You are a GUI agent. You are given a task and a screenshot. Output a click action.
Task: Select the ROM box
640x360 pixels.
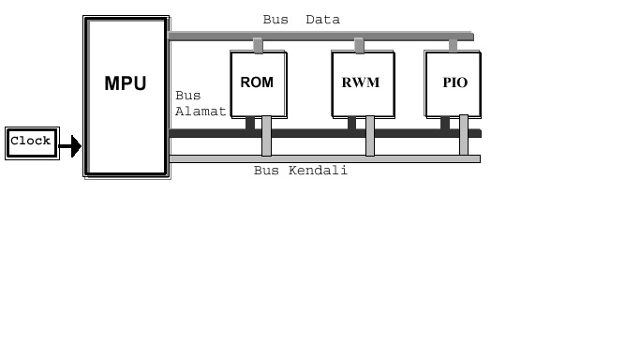[x=258, y=83]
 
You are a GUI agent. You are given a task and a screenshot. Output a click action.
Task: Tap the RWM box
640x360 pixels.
[x=363, y=83]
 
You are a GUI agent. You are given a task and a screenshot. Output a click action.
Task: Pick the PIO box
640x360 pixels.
[x=454, y=83]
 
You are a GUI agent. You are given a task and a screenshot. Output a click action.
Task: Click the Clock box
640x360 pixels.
[x=31, y=142]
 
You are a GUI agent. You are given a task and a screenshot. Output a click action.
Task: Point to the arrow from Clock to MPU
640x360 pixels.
[x=70, y=145]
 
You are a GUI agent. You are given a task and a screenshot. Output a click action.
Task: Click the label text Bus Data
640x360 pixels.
[x=301, y=20]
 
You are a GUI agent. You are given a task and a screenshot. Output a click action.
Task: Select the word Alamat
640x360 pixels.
[x=201, y=111]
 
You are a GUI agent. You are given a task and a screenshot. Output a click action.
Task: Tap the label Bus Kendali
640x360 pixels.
[x=301, y=171]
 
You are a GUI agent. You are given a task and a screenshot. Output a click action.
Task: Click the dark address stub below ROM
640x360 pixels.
[x=250, y=122]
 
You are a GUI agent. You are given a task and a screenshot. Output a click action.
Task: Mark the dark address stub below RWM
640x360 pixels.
[x=351, y=122]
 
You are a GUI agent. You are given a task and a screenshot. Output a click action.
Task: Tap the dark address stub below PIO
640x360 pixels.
[x=445, y=122]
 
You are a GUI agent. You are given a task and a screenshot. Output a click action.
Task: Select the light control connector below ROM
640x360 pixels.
[x=267, y=136]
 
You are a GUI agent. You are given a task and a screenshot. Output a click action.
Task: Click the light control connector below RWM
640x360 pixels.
[x=370, y=136]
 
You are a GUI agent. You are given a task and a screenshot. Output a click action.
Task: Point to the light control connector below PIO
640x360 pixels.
[x=464, y=136]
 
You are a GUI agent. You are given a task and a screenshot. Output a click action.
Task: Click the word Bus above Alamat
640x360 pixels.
[x=186, y=96]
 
